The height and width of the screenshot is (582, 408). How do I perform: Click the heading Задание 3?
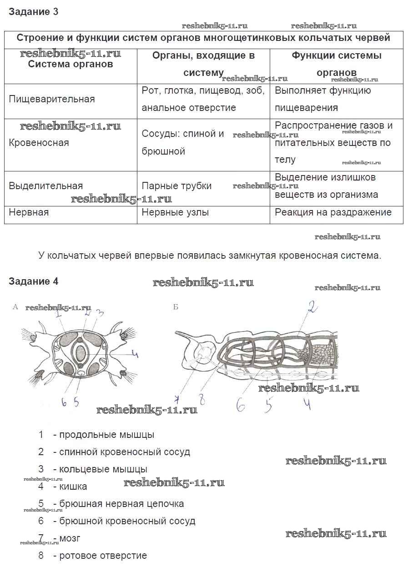[x=33, y=12]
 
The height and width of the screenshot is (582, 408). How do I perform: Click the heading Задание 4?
[x=33, y=281]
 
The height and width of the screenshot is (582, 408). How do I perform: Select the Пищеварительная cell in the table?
[x=52, y=99]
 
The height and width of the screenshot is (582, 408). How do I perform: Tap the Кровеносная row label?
[x=39, y=143]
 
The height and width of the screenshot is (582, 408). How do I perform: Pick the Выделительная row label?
[x=46, y=186]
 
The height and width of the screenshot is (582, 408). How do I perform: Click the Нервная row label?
[x=29, y=212]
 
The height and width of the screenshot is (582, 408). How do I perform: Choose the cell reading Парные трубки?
[x=176, y=186]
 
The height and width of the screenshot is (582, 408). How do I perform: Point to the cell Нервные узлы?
[x=176, y=212]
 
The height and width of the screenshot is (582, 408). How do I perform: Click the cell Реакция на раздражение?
[x=333, y=212]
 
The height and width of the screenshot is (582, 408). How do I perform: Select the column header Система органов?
[x=71, y=64]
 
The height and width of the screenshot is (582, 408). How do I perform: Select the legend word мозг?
[x=70, y=538]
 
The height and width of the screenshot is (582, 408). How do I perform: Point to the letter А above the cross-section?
[x=15, y=307]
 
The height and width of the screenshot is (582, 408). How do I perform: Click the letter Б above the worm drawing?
[x=176, y=307]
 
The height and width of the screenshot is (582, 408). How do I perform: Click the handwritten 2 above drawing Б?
[x=312, y=308]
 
